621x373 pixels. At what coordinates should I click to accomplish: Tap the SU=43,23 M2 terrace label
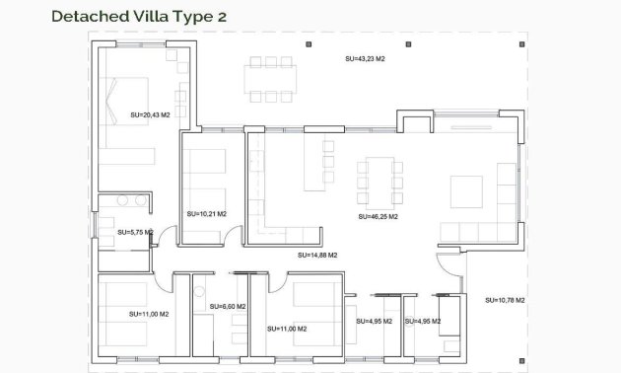tap(365, 58)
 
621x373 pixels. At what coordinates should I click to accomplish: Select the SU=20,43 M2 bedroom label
tap(150, 114)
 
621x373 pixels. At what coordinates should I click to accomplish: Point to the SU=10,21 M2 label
tap(206, 213)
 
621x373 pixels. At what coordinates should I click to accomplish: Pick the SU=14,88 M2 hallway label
tap(317, 255)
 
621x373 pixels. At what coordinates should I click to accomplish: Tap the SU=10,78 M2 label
tap(505, 300)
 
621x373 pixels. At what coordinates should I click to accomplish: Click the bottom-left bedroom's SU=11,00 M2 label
tap(149, 314)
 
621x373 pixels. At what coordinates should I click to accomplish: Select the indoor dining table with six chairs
tap(379, 177)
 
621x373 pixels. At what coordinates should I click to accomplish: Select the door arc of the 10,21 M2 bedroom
tap(235, 236)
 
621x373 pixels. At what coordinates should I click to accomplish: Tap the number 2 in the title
tap(234, 16)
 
